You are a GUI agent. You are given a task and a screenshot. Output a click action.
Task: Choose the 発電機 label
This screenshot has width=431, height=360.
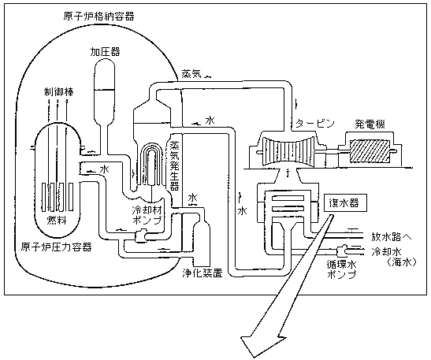tap(369, 124)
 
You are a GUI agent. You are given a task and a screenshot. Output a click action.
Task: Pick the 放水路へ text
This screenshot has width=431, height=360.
tap(392, 236)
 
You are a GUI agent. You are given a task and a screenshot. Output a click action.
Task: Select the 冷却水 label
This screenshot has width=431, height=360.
tap(387, 251)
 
